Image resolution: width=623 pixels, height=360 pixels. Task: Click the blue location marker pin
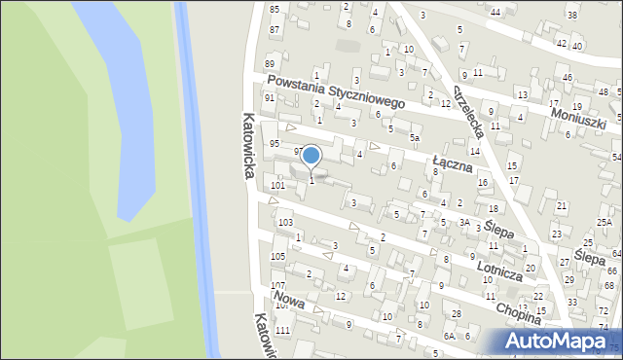pyautogui.click(x=311, y=155)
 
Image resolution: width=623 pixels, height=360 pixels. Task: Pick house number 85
pyautogui.click(x=275, y=10)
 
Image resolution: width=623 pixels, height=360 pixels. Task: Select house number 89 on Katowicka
pyautogui.click(x=269, y=64)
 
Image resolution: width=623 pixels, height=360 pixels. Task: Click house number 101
pyautogui.click(x=277, y=185)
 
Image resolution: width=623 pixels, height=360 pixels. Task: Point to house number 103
pyautogui.click(x=284, y=223)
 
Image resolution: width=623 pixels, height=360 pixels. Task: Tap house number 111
pyautogui.click(x=282, y=332)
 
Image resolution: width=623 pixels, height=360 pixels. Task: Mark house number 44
pyautogui.click(x=495, y=12)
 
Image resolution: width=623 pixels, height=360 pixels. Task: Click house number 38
pyautogui.click(x=571, y=17)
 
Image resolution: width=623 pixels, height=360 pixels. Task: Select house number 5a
pyautogui.click(x=414, y=138)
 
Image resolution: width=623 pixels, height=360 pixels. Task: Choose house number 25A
pyautogui.click(x=604, y=223)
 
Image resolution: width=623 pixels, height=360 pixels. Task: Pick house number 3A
pyautogui.click(x=464, y=222)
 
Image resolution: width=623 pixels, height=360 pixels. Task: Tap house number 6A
pyautogui.click(x=450, y=336)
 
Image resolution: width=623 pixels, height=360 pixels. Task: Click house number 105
pyautogui.click(x=277, y=256)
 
